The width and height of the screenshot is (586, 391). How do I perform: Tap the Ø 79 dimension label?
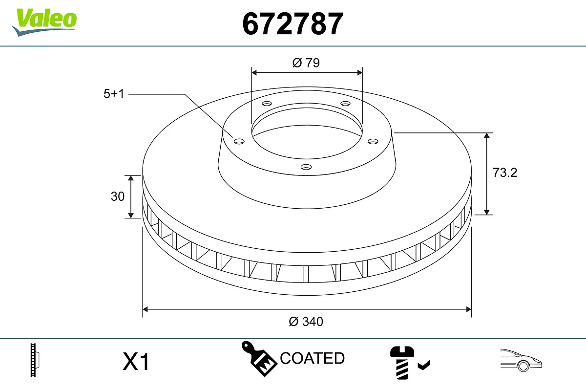tap(306, 63)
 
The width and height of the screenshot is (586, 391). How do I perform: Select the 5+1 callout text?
tap(114, 94)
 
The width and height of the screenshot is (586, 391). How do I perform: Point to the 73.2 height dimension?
tap(504, 173)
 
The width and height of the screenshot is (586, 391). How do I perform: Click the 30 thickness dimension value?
tap(118, 196)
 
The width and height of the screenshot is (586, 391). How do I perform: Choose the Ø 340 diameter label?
tap(306, 322)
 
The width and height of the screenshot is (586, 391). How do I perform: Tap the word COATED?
tap(312, 358)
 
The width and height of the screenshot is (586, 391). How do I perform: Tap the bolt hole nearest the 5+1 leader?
tap(239, 141)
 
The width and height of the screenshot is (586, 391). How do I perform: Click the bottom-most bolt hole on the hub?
tap(306, 167)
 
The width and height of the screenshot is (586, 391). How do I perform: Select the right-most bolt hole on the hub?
tap(373, 141)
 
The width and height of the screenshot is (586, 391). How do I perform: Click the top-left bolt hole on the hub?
tap(267, 104)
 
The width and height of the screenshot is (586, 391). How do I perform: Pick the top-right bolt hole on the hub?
tap(346, 104)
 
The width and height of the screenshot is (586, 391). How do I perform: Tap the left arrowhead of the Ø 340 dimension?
tap(145, 309)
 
